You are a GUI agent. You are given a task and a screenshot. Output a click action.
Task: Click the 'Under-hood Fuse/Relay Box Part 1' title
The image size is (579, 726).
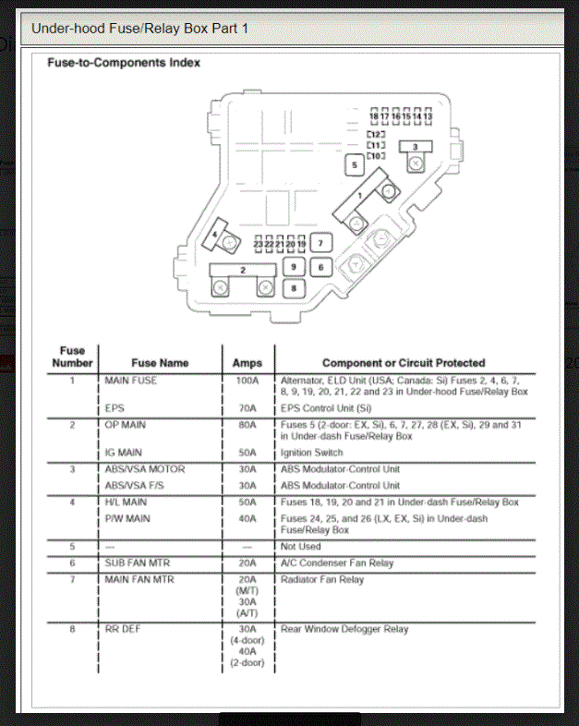coord(139,29)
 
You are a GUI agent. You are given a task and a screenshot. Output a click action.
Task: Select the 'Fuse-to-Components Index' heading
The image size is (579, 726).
coord(124,63)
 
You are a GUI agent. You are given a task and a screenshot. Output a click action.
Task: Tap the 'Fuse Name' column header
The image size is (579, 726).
coord(160,363)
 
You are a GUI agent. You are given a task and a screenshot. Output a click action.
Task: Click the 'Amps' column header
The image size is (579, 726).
coord(247,363)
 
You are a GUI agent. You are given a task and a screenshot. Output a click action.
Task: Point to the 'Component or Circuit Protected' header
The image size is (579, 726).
coord(403,363)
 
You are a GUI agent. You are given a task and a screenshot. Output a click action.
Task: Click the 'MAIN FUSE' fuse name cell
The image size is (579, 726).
coord(131,380)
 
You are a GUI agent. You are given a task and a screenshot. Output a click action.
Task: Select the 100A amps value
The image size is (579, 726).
coord(247,380)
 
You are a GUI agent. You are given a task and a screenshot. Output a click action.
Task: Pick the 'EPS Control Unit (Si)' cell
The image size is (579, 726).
coord(326,406)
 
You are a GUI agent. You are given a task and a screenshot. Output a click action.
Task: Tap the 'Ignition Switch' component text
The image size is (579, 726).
coord(311,453)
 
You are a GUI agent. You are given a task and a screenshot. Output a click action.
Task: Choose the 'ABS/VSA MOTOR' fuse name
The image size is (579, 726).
coord(144,469)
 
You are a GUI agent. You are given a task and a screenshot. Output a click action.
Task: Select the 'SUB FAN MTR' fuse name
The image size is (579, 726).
coord(137,563)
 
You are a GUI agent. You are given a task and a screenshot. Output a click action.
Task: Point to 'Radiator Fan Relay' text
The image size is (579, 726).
coord(322,580)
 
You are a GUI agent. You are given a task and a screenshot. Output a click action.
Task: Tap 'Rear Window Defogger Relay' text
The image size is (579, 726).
coord(344,630)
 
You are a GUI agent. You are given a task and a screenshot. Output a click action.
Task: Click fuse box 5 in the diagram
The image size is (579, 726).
coord(353,166)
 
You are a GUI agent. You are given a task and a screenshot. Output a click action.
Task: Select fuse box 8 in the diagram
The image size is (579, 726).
coord(294,288)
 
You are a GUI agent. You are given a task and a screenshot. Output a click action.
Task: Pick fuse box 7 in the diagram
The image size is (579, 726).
coord(320,244)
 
